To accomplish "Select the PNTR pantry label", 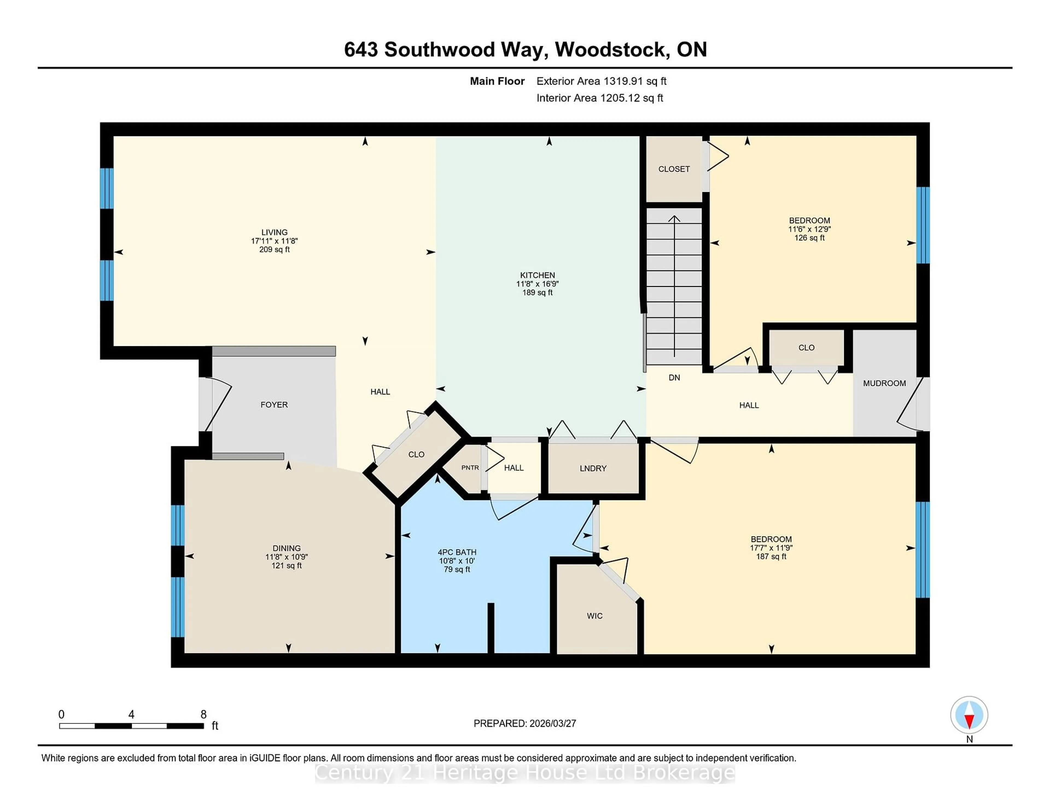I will click(x=470, y=468).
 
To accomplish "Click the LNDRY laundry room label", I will click(x=593, y=468).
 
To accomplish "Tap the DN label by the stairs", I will click(x=674, y=378).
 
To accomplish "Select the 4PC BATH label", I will click(x=457, y=552).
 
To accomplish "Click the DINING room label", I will click(x=287, y=548).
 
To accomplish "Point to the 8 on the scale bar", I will click(x=203, y=715).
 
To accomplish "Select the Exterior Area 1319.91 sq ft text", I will click(x=601, y=81).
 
